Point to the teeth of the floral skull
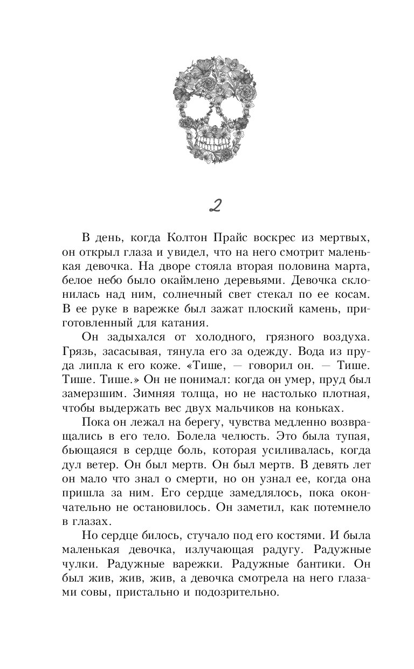[207, 146]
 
